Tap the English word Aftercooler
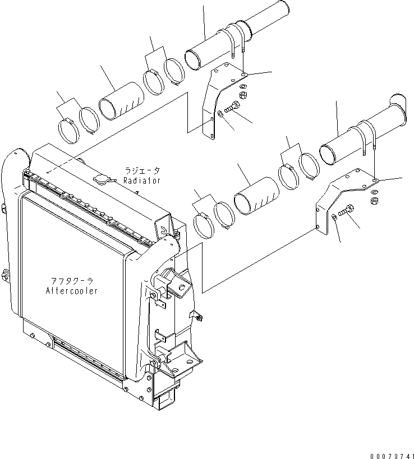[x=71, y=291]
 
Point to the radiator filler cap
[x=102, y=179]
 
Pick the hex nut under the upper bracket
[x=241, y=96]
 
